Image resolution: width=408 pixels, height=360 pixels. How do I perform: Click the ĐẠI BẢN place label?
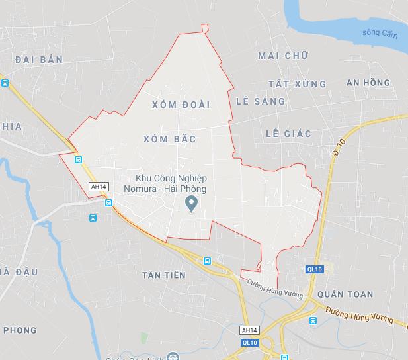tap(38, 60)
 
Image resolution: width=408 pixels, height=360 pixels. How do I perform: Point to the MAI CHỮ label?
tap(283, 56)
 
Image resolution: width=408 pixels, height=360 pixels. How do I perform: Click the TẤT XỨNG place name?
tap(298, 84)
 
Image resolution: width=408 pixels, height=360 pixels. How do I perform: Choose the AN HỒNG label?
tap(368, 83)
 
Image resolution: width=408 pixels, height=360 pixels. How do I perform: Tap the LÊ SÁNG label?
tap(261, 101)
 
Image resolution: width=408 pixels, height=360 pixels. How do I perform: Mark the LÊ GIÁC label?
tap(288, 134)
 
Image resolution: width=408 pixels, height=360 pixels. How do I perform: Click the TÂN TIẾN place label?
tap(163, 275)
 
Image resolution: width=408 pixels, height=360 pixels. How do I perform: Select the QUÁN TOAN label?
tap(345, 294)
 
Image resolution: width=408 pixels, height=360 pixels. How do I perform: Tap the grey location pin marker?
tap(192, 204)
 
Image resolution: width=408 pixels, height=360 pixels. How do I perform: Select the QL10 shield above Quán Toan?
tap(315, 269)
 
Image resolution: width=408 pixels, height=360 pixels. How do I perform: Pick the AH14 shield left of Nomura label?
tap(99, 187)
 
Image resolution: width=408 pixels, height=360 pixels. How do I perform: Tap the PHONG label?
tap(20, 330)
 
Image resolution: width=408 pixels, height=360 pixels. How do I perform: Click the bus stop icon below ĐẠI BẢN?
tap(5, 83)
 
